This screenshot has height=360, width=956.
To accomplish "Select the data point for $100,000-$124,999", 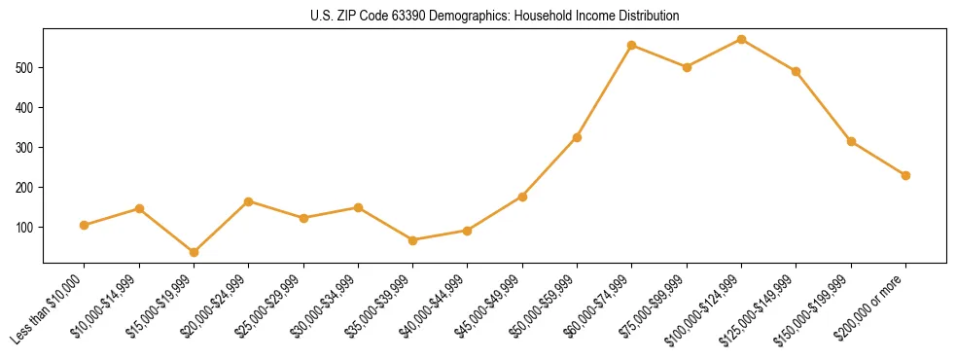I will [x=741, y=40].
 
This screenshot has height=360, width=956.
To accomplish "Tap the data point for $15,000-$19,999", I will [x=194, y=252].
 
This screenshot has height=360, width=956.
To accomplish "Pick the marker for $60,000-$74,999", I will [x=632, y=46].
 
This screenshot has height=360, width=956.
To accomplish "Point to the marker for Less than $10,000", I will [x=85, y=225].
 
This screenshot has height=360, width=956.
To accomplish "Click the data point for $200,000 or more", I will [x=905, y=175].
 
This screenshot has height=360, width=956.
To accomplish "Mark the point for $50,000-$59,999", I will [x=577, y=137].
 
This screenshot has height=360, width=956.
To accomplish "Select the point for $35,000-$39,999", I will [x=412, y=240].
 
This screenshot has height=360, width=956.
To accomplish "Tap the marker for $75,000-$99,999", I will [x=687, y=67].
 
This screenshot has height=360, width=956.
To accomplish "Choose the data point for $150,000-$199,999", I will [x=851, y=141].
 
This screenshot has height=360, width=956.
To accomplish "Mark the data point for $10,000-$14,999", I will [x=139, y=208].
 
